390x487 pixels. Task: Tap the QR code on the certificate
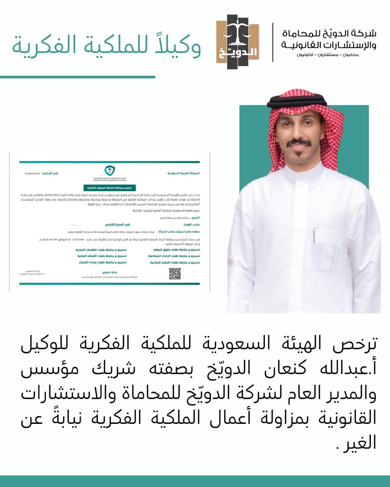175,274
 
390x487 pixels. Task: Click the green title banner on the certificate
104,188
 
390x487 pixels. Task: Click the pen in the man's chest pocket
315,236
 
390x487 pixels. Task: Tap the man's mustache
299,144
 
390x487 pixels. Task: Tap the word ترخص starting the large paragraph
356,343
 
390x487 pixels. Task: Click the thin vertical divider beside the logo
273,42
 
